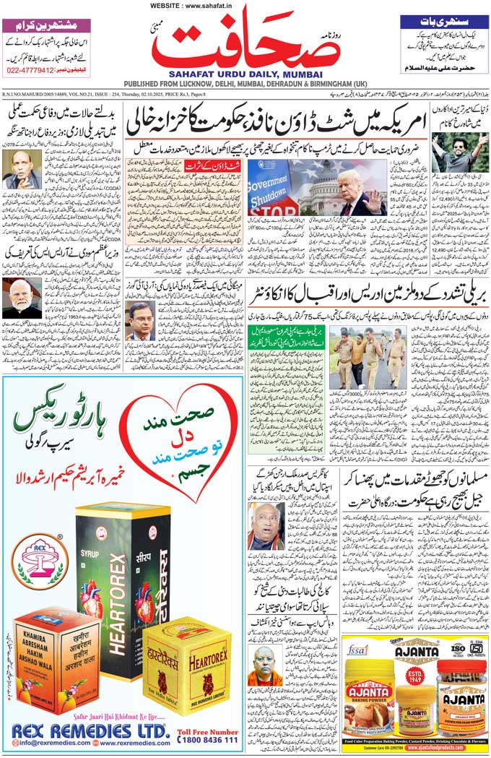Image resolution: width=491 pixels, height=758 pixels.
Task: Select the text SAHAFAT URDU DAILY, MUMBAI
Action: click(x=245, y=73)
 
